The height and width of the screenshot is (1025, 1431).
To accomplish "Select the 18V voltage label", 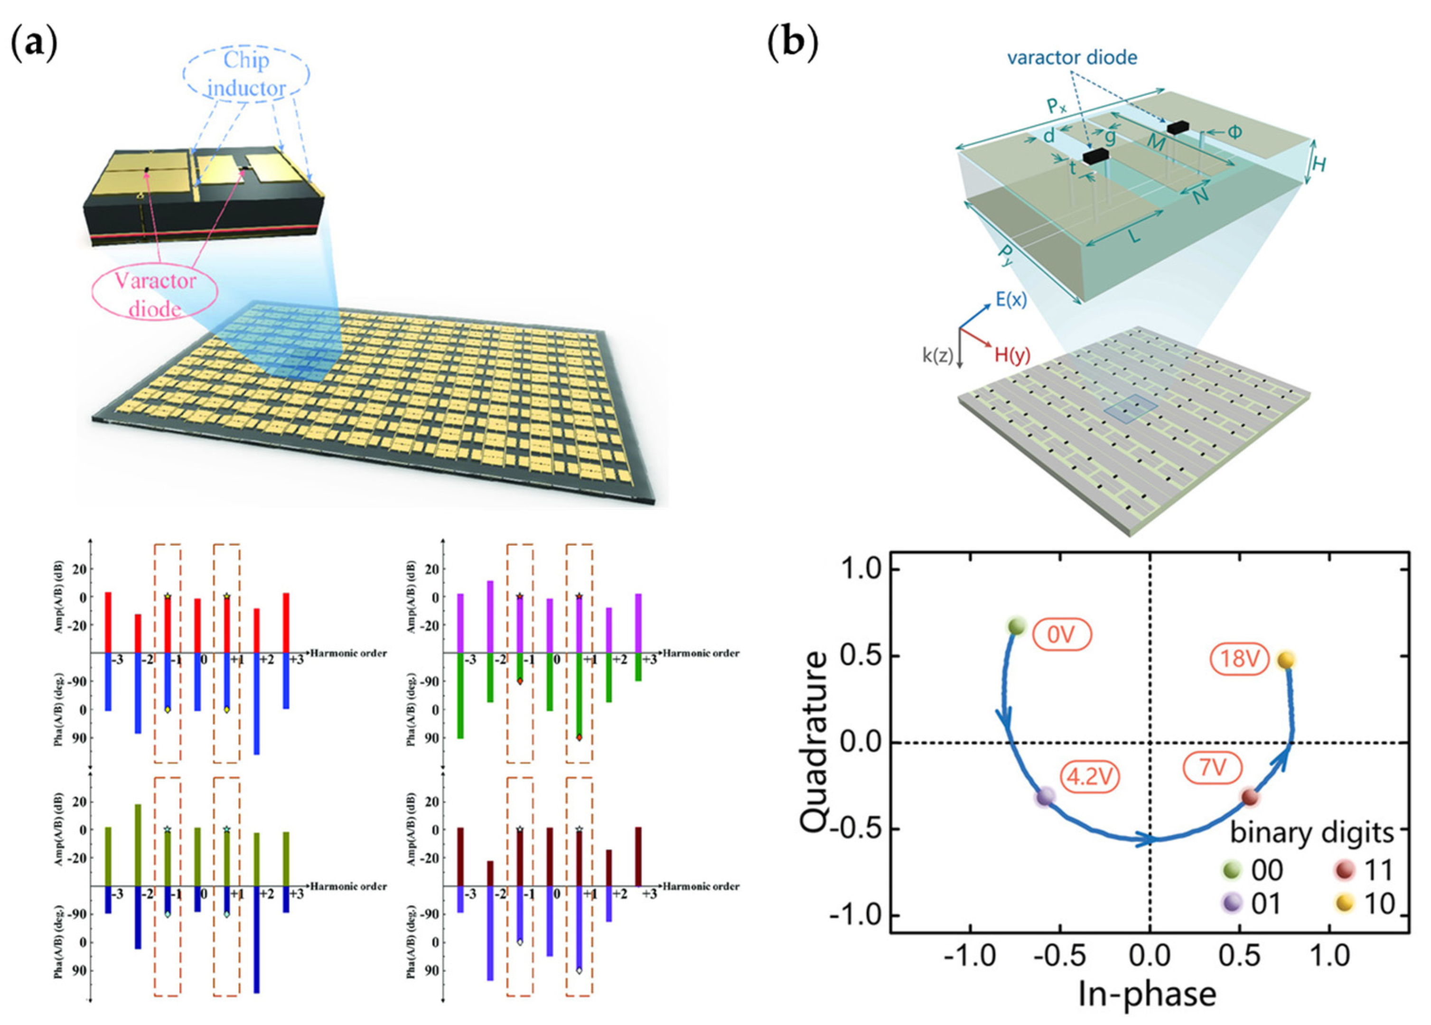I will tap(1239, 659).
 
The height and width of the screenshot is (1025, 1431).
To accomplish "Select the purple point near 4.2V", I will tap(1046, 797).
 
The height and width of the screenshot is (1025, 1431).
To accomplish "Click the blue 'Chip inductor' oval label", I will tap(246, 75).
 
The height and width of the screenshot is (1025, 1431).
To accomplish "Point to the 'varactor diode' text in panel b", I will tap(1072, 58).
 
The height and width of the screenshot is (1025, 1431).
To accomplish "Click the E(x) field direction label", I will tap(1011, 299).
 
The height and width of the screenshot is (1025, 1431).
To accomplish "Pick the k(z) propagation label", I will tap(937, 356).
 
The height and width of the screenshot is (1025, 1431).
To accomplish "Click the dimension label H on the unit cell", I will tap(1318, 165).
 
